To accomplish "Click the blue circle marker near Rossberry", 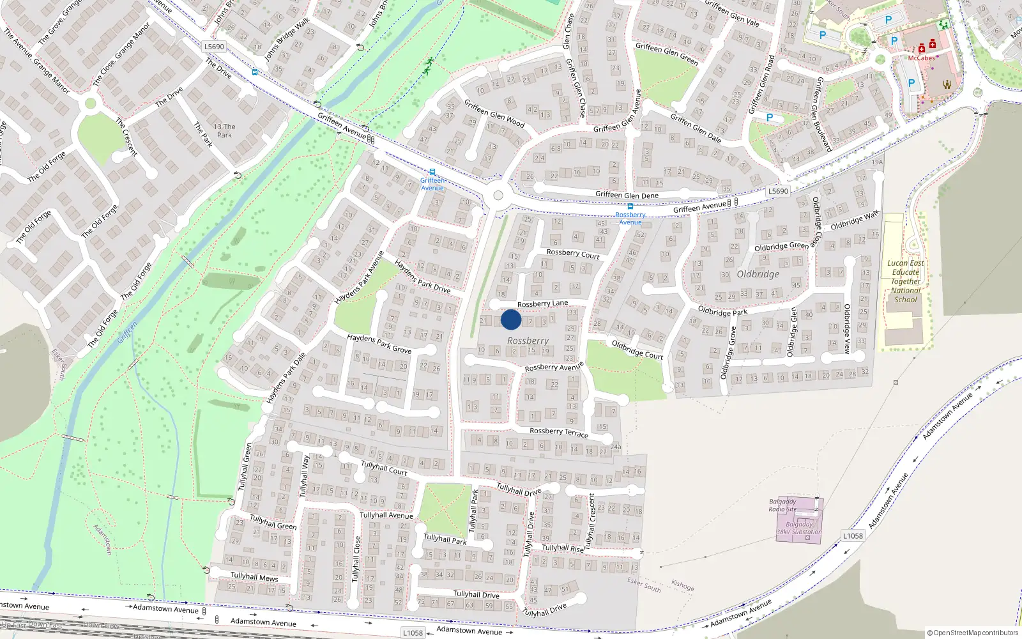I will (x=511, y=319).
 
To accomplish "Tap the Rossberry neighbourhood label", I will (x=528, y=341).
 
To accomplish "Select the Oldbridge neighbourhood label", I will (x=758, y=274).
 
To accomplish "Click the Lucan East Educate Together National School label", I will (x=906, y=281).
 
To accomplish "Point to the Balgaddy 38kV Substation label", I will (x=799, y=528).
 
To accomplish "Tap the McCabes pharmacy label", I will (x=921, y=58).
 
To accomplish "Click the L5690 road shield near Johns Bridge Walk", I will (x=215, y=47).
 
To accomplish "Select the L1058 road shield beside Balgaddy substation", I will (x=853, y=536).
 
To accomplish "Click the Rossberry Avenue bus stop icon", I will (x=630, y=206).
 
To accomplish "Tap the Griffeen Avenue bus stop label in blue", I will (x=432, y=184).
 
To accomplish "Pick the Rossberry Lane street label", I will (x=542, y=304).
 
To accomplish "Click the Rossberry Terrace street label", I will (x=559, y=432).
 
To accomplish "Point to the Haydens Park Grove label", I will (x=379, y=344).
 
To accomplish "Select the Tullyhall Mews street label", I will (x=254, y=577).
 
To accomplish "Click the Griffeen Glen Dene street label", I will (x=627, y=195).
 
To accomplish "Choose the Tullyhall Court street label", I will (x=384, y=468).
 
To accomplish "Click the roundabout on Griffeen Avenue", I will (x=498, y=196).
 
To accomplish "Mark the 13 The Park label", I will (x=224, y=130).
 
